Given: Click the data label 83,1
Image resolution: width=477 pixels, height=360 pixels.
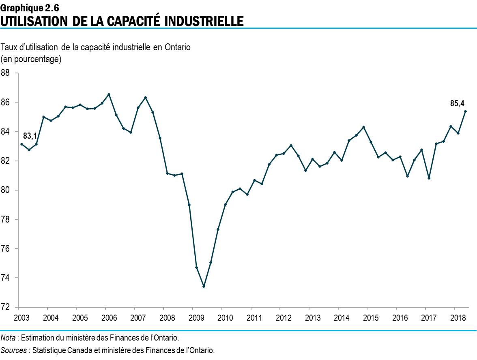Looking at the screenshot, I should click(30, 136).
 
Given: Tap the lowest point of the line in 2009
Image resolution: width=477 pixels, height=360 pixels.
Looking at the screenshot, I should click(204, 287).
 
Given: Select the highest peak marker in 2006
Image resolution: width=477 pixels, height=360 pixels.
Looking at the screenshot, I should click(109, 94).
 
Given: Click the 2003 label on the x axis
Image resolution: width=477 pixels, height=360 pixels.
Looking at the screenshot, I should click(19, 317).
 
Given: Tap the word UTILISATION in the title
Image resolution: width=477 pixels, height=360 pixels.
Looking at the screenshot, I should click(34, 20).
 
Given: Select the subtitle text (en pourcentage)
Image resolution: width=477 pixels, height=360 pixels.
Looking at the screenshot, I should click(31, 59).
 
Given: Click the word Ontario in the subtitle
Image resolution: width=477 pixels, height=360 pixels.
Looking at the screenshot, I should click(177, 47).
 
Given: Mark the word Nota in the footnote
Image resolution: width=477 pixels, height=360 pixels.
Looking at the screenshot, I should click(9, 337).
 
